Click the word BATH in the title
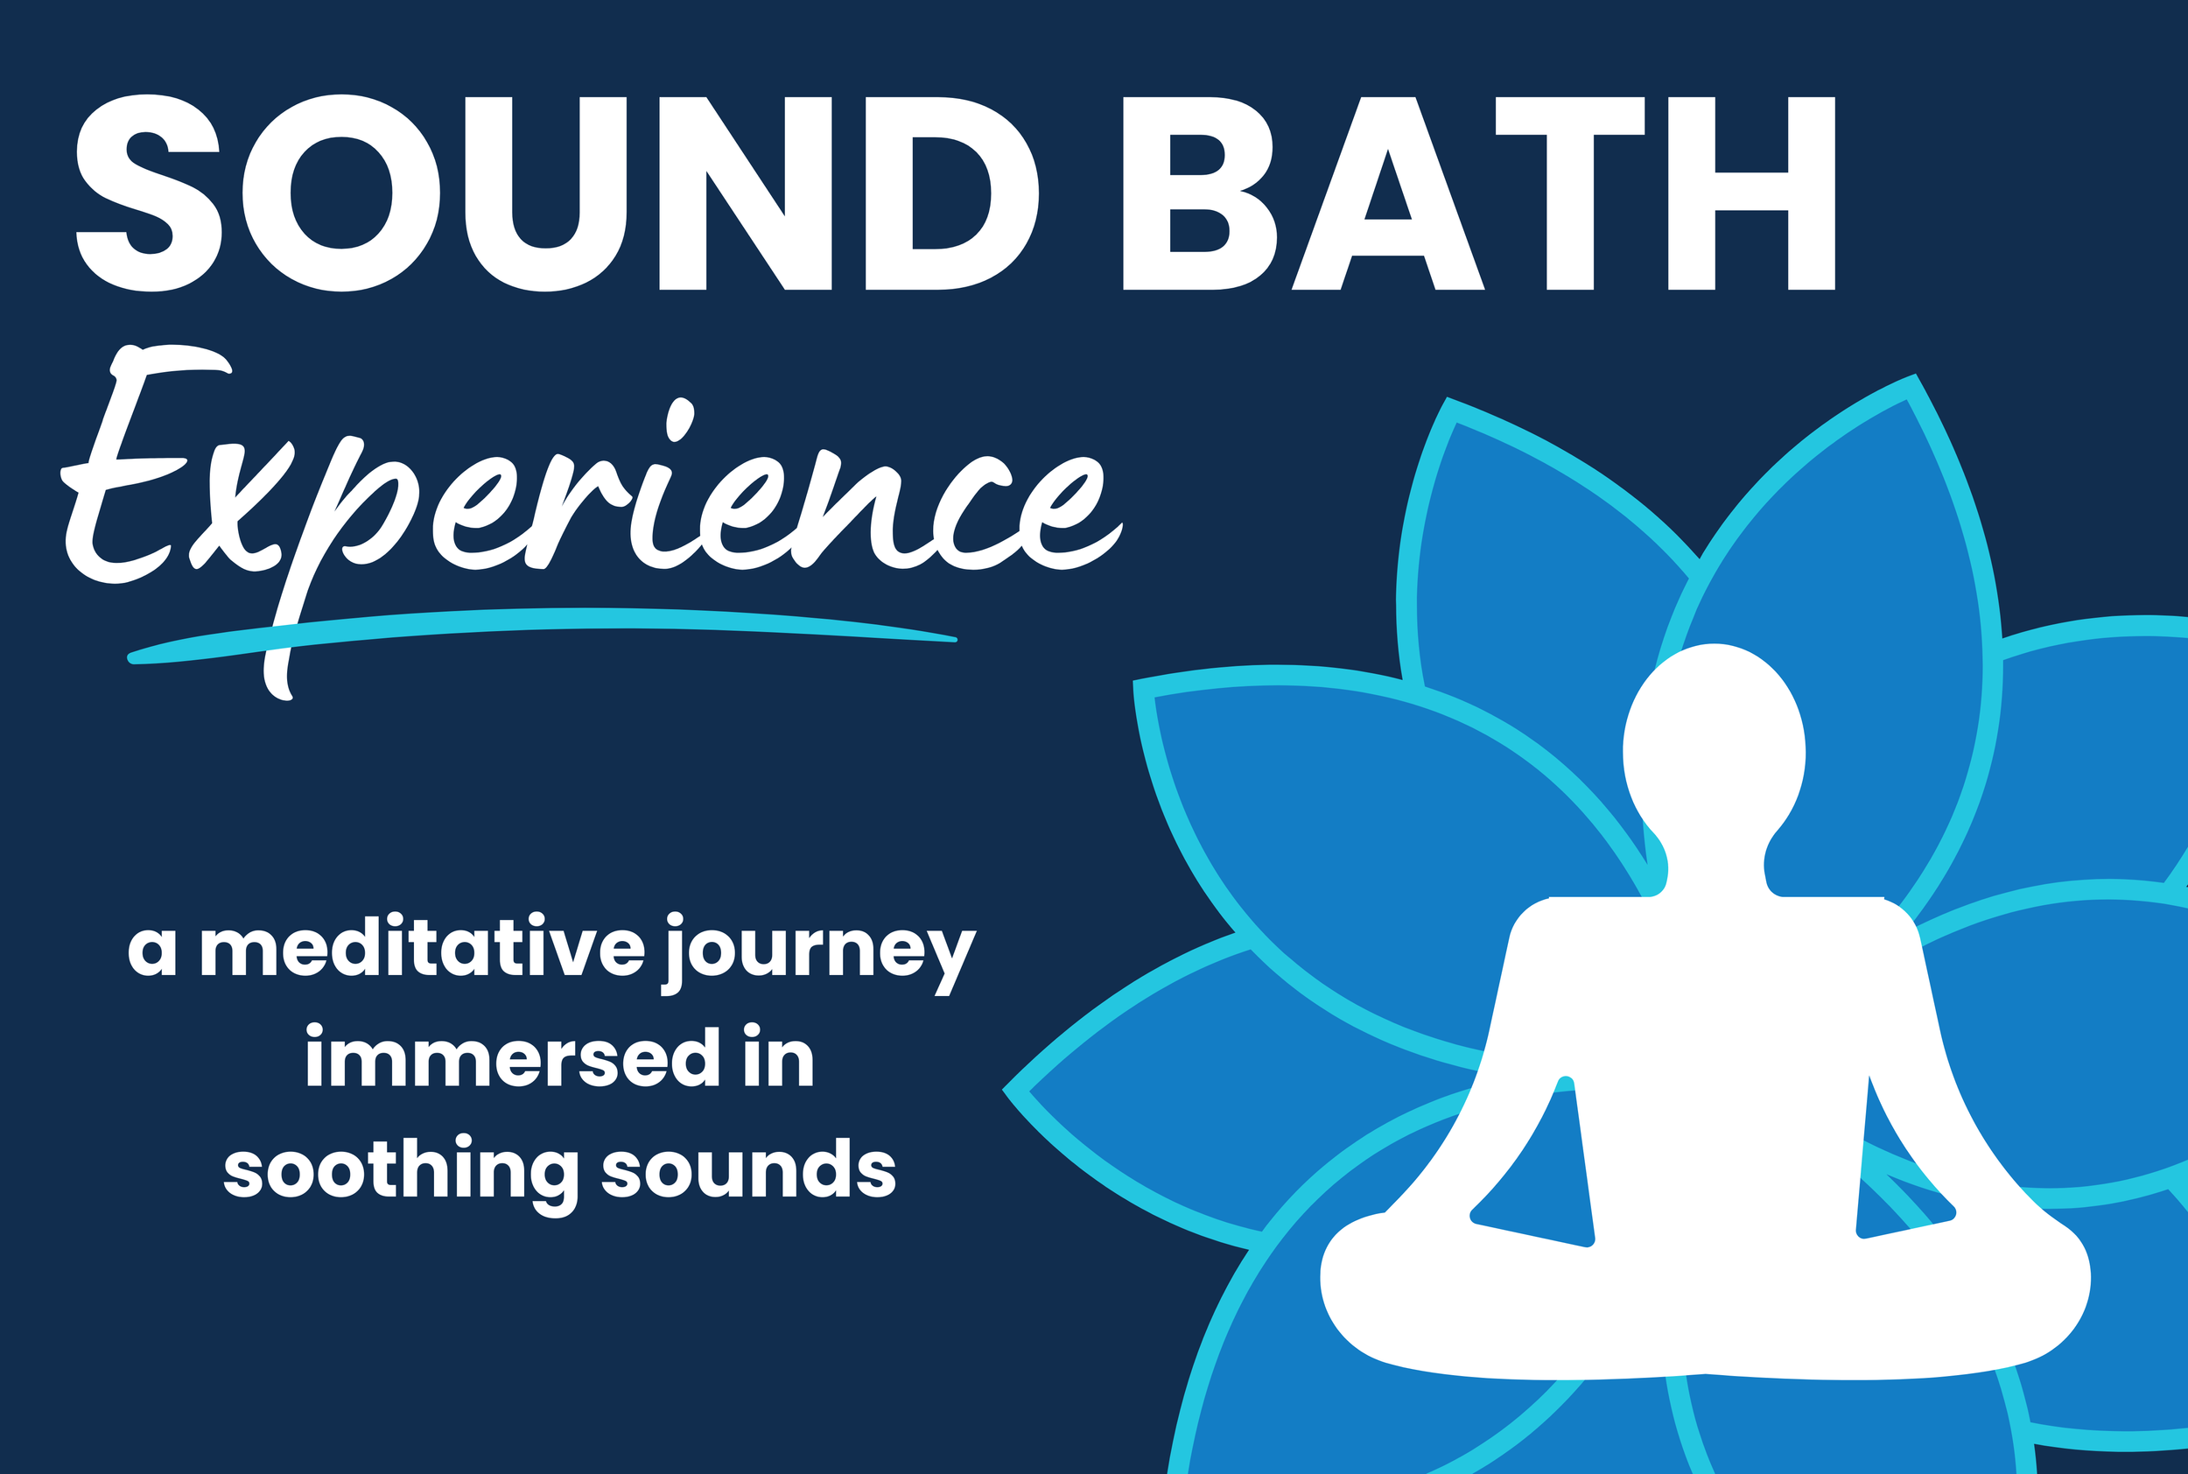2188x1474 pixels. tap(1478, 193)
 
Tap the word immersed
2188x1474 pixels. tap(487, 1060)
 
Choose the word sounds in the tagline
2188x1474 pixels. tap(748, 1170)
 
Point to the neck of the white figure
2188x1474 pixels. tap(1715, 865)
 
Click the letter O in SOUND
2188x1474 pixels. tap(341, 193)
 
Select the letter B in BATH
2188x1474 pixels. tap(1198, 193)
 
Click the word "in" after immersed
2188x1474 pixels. tap(778, 1060)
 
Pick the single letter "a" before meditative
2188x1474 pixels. tap(152, 952)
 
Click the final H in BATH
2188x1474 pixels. tap(1751, 193)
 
